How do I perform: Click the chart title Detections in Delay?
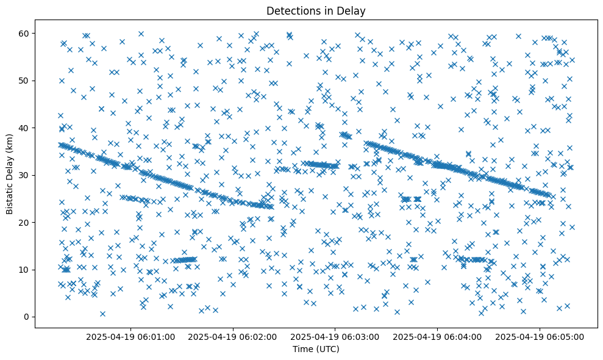316,10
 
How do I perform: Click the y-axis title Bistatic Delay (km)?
10,175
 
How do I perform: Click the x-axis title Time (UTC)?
316,349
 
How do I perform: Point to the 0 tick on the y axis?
26,317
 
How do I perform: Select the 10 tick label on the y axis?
24,270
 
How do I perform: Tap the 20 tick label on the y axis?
24,222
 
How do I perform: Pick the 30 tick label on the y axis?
24,175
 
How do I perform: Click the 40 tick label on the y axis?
24,128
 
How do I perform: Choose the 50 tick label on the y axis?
24,81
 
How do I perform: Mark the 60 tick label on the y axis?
24,33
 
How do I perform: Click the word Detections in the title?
290,10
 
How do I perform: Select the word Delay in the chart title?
353,10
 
